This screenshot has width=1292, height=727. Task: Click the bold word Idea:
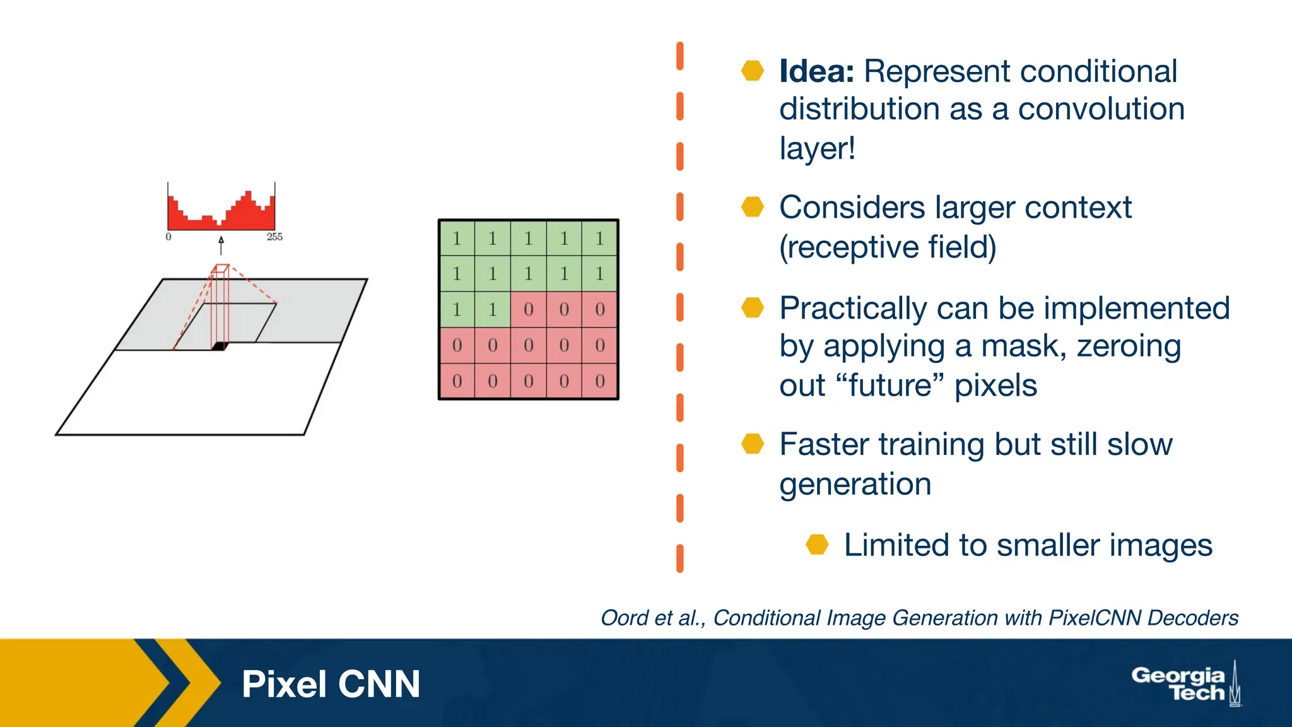pyautogui.click(x=816, y=71)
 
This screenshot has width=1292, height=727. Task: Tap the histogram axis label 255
pyautogui.click(x=274, y=237)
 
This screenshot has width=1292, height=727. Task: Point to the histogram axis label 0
pyautogui.click(x=168, y=237)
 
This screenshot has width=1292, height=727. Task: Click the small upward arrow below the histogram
pyautogui.click(x=221, y=245)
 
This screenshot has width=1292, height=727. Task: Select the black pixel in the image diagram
pyautogui.click(x=219, y=346)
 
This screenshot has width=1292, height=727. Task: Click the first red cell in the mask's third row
pyautogui.click(x=529, y=309)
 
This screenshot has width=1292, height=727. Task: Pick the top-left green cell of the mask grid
pyautogui.click(x=457, y=238)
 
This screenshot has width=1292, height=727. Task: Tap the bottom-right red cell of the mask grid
pyautogui.click(x=599, y=381)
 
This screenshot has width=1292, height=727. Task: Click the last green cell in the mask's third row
pyautogui.click(x=493, y=309)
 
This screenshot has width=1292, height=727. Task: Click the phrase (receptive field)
pyautogui.click(x=888, y=247)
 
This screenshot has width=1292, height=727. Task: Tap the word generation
pyautogui.click(x=855, y=484)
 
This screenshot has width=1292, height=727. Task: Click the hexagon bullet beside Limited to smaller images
pyautogui.click(x=817, y=544)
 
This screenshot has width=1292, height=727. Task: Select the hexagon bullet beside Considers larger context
pyautogui.click(x=752, y=206)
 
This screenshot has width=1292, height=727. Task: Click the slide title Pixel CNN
pyautogui.click(x=331, y=684)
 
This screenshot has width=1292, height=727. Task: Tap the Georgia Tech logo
pyautogui.click(x=1185, y=684)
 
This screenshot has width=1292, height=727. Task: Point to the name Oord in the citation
pyautogui.click(x=625, y=618)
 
